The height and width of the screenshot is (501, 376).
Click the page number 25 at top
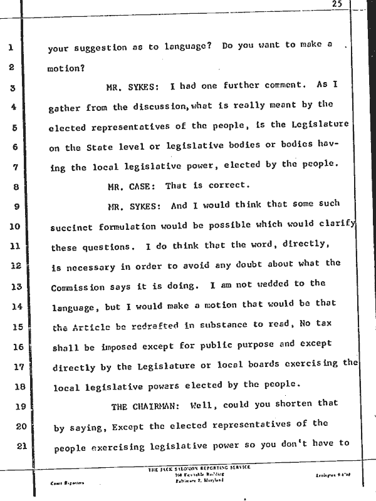click(337, 4)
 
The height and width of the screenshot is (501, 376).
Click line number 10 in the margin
click(16, 225)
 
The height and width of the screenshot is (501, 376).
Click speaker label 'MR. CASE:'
click(133, 186)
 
